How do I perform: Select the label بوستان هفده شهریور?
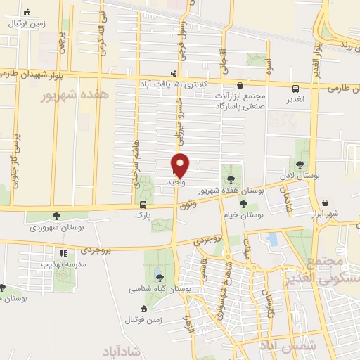[232, 191]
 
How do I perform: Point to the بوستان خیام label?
[244, 216]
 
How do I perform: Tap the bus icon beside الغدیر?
[295, 88]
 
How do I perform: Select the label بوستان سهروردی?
[57, 228]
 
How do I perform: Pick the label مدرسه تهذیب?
[63, 264]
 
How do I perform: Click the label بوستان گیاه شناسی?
[160, 288]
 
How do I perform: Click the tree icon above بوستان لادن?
[300, 165]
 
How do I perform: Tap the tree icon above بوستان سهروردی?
[57, 216]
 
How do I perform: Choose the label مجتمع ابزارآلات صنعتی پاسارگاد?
[240, 100]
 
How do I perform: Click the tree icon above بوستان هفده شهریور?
[231, 179]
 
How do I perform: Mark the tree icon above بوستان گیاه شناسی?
[160, 276]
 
